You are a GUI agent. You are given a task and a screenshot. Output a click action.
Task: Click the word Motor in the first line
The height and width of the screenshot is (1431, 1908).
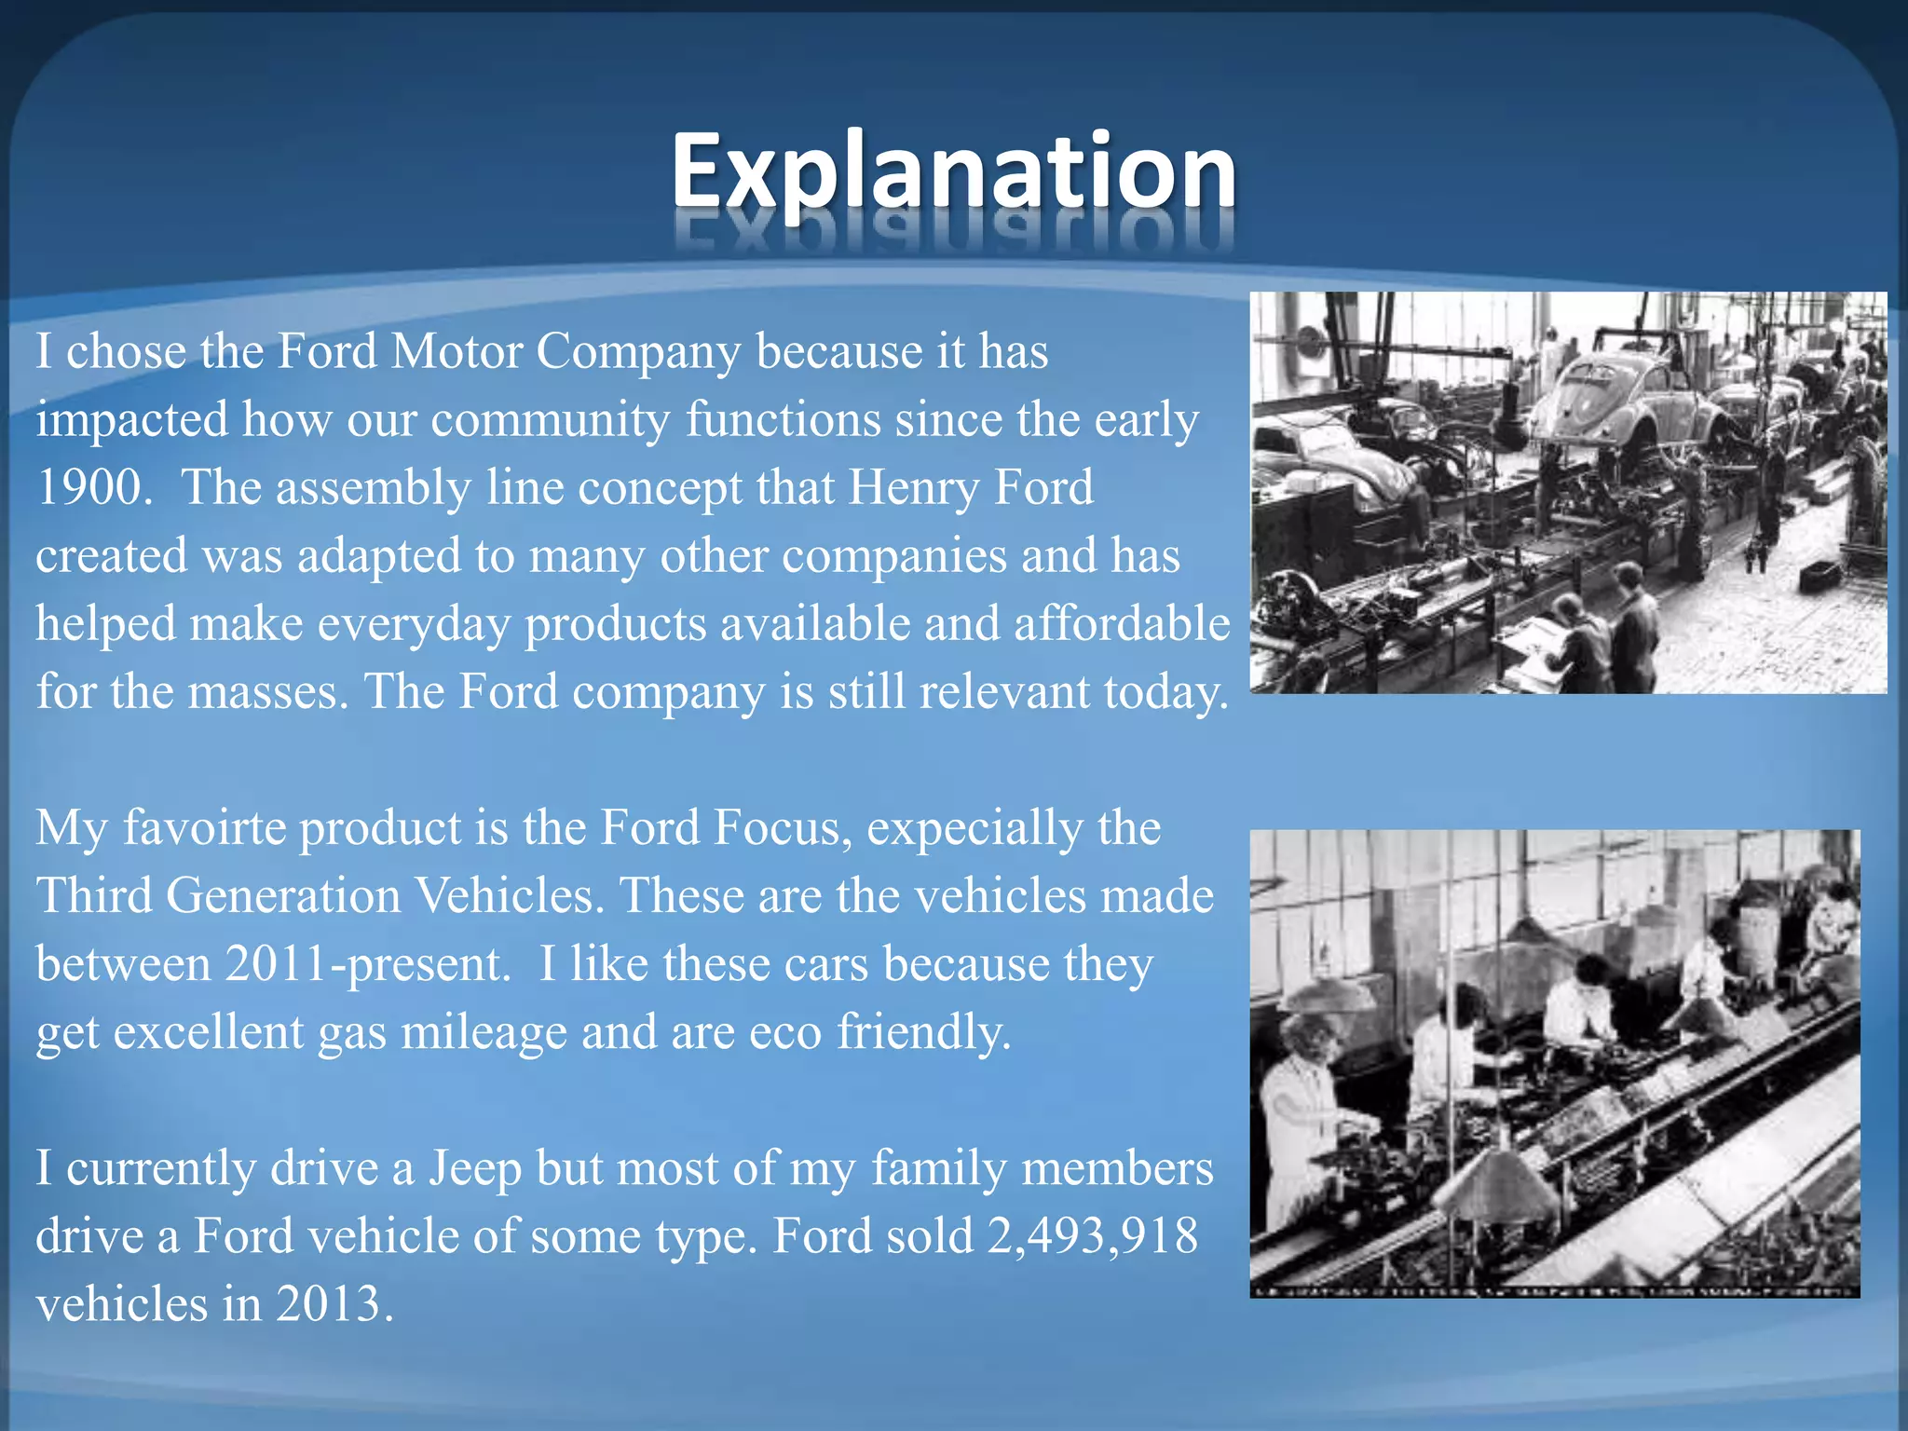pos(457,352)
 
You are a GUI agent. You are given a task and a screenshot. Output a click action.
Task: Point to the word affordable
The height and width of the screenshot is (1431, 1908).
pos(1122,624)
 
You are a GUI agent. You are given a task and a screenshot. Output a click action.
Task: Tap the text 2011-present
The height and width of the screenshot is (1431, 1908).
pos(367,964)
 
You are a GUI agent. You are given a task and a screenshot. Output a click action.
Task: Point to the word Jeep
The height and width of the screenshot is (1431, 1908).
pos(475,1169)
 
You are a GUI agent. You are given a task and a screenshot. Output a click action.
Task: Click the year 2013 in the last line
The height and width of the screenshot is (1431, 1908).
pos(330,1304)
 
